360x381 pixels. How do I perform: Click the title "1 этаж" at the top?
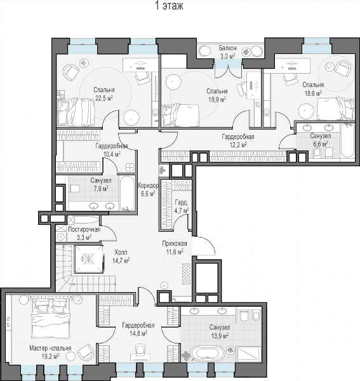click(169, 6)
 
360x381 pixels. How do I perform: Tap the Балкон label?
click(227, 48)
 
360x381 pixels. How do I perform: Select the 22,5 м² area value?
click(104, 98)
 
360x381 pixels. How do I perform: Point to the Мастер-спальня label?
click(50, 348)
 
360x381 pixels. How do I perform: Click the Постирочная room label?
click(84, 230)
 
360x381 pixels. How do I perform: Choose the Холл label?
click(121, 252)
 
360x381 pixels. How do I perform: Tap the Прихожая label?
click(175, 243)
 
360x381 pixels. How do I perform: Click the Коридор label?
click(148, 186)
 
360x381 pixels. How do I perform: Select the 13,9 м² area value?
click(220, 336)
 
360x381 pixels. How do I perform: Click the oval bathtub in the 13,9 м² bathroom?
click(208, 353)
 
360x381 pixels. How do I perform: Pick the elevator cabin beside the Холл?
click(88, 259)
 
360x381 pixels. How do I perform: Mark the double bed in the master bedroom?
click(51, 318)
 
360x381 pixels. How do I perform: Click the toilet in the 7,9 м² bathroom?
click(74, 189)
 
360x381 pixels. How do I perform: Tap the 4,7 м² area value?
click(182, 210)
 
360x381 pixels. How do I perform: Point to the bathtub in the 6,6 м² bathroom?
click(347, 141)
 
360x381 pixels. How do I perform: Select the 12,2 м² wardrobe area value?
click(238, 145)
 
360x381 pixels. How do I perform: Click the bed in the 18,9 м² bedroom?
click(180, 116)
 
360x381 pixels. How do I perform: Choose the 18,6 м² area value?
click(314, 93)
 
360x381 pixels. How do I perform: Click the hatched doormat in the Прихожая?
click(186, 274)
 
